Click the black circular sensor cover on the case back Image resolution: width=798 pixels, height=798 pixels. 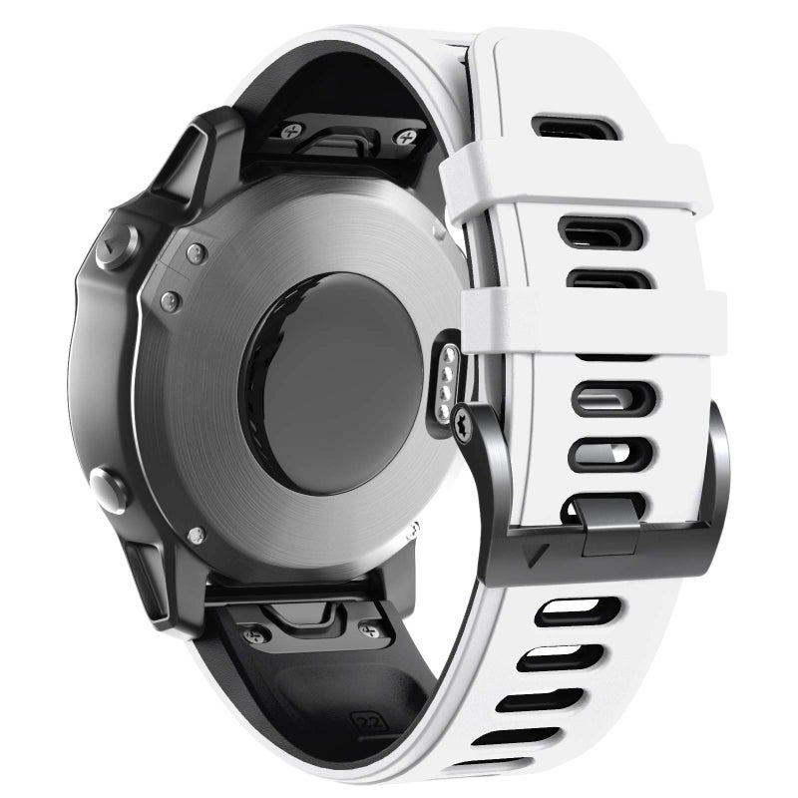pyautogui.click(x=345, y=383)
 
